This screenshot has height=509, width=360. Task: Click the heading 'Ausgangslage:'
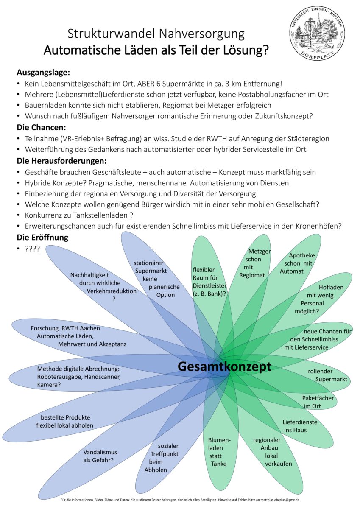43,72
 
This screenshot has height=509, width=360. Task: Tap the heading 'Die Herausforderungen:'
61,161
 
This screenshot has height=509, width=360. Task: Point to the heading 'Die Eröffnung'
42,237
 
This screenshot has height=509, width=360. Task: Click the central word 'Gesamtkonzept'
224,366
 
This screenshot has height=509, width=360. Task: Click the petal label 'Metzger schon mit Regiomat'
254,263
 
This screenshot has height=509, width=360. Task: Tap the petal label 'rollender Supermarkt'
328,375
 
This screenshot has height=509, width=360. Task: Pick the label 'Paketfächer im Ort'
318,402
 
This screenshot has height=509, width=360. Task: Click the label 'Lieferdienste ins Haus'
300,426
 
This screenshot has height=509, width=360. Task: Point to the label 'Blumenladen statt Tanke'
219,452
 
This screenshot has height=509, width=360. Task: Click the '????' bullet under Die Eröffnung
32,249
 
